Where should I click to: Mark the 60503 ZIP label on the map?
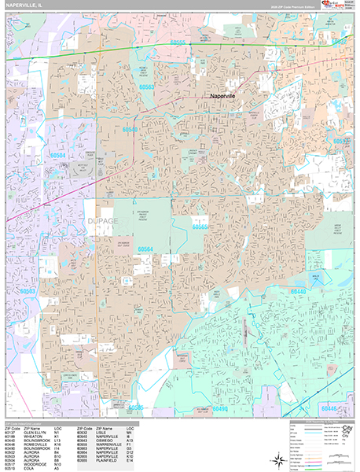pyautogui.click(x=28, y=290)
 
